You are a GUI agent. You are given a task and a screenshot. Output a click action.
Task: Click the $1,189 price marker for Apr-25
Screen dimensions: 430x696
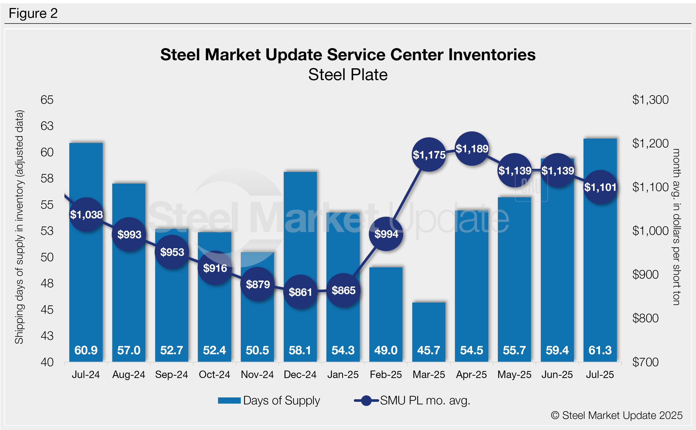pos(472,148)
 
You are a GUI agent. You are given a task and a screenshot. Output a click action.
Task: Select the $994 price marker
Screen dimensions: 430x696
pos(386,234)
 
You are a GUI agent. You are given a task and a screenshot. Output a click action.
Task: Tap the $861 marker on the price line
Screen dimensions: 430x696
pos(300,292)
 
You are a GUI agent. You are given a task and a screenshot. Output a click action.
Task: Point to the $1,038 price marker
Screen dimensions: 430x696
pos(86,214)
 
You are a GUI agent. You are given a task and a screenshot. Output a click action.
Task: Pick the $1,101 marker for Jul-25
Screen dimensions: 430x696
pos(600,187)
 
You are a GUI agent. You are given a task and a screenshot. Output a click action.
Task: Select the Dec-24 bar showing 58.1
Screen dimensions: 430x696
pos(300,256)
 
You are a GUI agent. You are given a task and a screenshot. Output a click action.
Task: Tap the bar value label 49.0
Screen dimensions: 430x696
pos(386,350)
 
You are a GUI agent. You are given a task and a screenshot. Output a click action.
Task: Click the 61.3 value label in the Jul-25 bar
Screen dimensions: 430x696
pos(600,350)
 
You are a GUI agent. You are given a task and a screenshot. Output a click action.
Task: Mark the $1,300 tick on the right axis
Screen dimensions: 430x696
pos(650,100)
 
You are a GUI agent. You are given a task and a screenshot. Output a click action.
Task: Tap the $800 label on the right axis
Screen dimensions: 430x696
pos(645,318)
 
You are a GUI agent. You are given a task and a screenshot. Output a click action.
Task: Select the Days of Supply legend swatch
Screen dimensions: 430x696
pos(229,401)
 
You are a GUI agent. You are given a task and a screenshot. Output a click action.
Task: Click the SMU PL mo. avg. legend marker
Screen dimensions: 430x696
pos(366,401)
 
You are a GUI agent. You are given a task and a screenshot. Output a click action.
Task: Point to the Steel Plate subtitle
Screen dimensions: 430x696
pos(348,75)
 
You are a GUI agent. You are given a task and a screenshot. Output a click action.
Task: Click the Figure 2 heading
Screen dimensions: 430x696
pos(33,13)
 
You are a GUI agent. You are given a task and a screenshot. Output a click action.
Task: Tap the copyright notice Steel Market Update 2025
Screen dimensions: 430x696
pos(617,415)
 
